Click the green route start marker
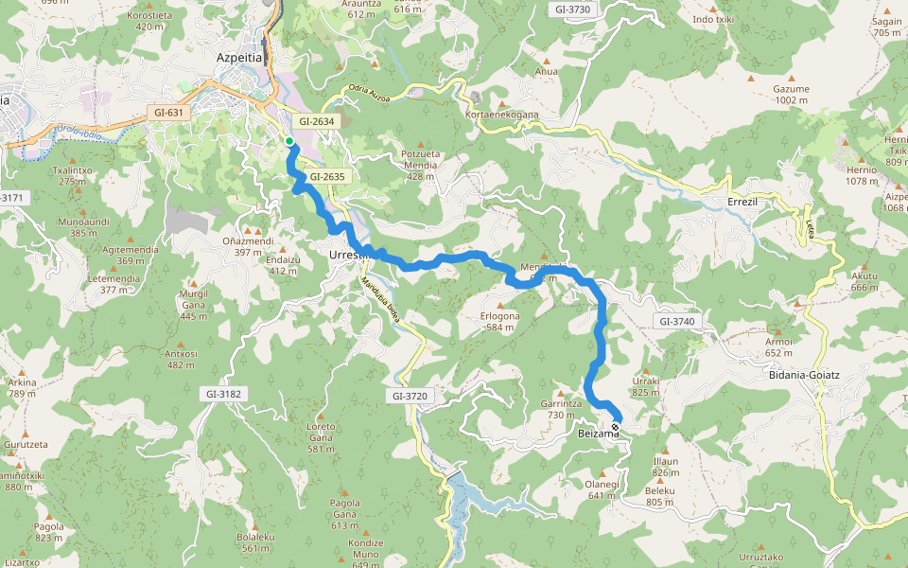[x=289, y=141]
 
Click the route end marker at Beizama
[x=616, y=428]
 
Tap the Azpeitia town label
[x=238, y=57]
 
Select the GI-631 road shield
[x=170, y=113]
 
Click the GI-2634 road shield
[x=317, y=121]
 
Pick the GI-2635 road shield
[x=326, y=176]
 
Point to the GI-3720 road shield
[x=410, y=395]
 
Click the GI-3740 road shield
[x=677, y=322]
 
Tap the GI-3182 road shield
[x=223, y=394]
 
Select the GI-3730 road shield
[x=573, y=9]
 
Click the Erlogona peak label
[x=500, y=316]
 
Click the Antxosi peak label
[x=182, y=353]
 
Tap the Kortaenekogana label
[x=502, y=115]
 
